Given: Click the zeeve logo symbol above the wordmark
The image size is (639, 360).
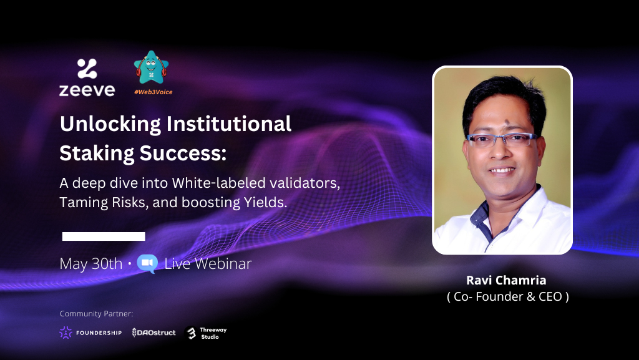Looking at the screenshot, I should (87, 69).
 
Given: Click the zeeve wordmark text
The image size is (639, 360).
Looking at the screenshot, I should (87, 90).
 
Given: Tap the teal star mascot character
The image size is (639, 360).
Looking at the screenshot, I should (152, 68).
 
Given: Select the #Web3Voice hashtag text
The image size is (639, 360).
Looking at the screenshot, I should (153, 92).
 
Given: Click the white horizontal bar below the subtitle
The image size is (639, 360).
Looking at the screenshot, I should (104, 236).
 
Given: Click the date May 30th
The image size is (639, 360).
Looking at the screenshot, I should (91, 263).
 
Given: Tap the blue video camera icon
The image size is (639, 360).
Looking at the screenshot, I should (147, 263).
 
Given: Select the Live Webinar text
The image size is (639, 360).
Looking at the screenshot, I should (208, 263).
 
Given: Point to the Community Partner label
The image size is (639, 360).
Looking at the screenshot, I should (97, 313).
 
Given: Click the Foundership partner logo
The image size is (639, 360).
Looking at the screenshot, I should (90, 333).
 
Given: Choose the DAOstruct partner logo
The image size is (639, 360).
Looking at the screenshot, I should (154, 333).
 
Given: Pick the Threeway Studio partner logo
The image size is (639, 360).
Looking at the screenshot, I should (207, 333).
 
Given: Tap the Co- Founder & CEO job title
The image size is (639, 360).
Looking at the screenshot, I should (507, 297).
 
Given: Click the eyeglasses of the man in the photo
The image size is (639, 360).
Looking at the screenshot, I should (501, 140).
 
